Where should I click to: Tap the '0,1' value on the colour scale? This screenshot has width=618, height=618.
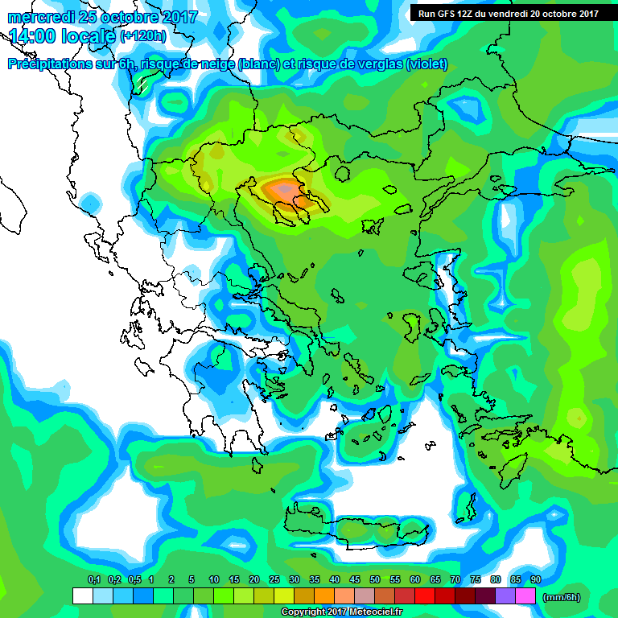[94, 579]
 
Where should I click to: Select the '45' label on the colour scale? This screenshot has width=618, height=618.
[355, 579]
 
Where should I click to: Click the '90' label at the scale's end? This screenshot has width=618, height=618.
[535, 579]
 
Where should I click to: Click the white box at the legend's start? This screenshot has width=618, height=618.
[82, 596]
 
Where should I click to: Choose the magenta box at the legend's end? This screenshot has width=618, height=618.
[525, 596]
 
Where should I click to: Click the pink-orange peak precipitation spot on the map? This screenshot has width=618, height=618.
[283, 190]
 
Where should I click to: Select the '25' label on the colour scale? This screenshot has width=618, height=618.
[274, 579]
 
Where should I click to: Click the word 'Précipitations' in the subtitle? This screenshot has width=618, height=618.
[48, 64]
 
